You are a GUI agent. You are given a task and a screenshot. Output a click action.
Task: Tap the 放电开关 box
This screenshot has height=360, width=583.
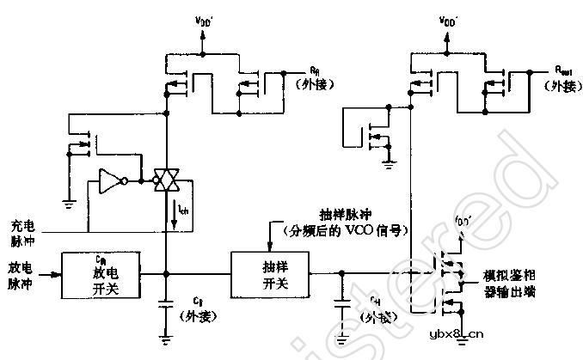[x=102, y=275]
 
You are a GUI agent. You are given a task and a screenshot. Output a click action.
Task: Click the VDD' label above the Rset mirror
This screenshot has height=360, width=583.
[x=447, y=19]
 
